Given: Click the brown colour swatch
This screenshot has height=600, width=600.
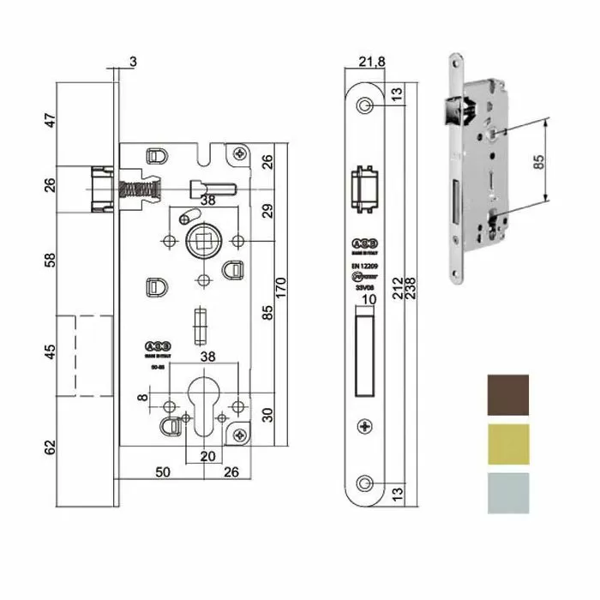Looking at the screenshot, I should pyautogui.click(x=509, y=395).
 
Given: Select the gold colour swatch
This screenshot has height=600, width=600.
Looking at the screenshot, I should pyautogui.click(x=509, y=443).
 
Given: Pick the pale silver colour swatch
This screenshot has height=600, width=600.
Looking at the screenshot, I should pyautogui.click(x=509, y=492).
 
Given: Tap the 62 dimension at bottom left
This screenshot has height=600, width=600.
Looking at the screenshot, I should pyautogui.click(x=50, y=446).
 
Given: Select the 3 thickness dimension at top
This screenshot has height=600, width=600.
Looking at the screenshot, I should pyautogui.click(x=134, y=61).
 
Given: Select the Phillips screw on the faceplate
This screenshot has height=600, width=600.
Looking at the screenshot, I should pyautogui.click(x=366, y=426).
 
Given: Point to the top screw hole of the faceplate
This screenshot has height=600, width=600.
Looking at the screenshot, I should pyautogui.click(x=366, y=105).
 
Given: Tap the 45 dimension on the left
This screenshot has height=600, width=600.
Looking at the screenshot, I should pyautogui.click(x=50, y=351).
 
